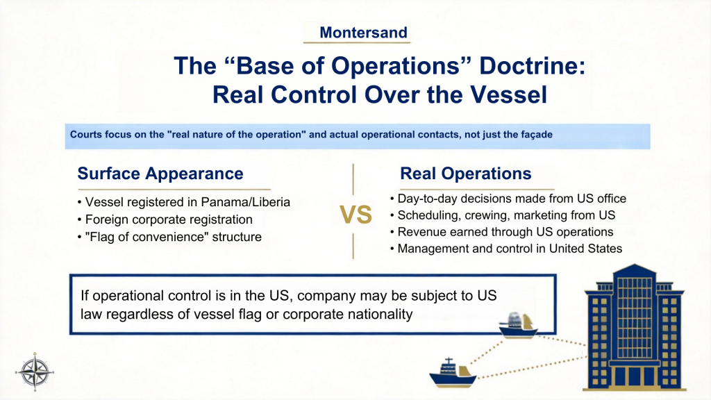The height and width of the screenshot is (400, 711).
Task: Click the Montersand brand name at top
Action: (363, 32)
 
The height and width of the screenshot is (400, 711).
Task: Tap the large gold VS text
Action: (355, 215)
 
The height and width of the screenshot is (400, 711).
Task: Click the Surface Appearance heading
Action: (160, 174)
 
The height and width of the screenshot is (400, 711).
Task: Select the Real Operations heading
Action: (465, 174)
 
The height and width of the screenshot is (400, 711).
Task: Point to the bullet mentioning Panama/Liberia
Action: (183, 202)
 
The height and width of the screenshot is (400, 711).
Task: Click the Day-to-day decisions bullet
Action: (511, 199)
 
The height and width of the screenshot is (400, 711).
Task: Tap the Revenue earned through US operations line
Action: (505, 232)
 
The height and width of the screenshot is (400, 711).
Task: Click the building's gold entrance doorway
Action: (634, 378)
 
